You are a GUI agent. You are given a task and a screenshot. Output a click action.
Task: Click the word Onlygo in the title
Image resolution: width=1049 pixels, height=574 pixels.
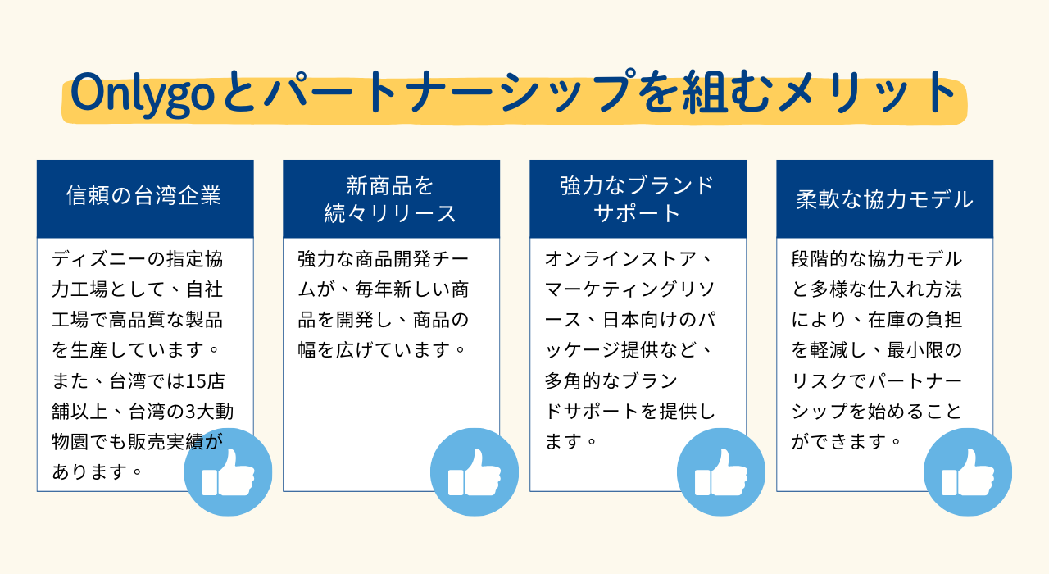point(143,93)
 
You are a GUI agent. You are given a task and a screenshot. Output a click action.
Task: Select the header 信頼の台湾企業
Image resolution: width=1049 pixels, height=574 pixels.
point(143,195)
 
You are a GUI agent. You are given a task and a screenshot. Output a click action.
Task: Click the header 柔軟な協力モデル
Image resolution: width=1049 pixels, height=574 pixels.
point(884,199)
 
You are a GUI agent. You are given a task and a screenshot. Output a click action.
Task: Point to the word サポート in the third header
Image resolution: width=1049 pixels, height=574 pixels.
point(638,213)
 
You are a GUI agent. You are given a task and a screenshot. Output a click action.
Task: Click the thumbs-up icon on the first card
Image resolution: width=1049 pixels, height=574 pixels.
point(228,471)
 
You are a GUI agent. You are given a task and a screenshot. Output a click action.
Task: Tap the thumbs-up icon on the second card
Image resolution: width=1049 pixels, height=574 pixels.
point(475,471)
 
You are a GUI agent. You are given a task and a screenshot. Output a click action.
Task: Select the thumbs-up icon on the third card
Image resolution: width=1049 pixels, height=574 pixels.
point(721,471)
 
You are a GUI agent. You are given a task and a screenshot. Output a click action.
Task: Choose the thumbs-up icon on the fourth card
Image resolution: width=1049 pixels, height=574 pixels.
point(968,471)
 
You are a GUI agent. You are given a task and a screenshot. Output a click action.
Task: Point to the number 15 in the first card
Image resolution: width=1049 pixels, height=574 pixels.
point(196,381)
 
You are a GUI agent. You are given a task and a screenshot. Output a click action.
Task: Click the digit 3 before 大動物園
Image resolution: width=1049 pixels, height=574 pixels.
point(190,412)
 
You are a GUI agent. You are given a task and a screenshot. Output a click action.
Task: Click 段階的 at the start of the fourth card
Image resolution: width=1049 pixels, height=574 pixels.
point(820,259)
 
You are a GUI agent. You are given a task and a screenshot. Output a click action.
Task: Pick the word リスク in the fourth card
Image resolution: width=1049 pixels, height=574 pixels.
point(820,381)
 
